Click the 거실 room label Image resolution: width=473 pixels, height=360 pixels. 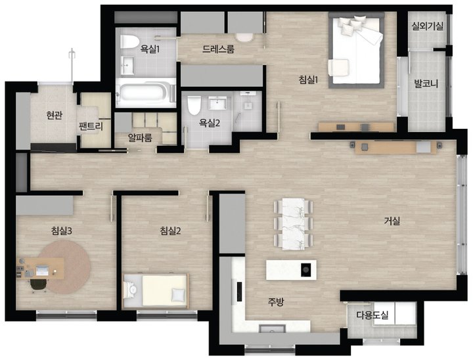point(392,221)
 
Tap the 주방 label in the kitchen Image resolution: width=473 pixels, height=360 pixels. point(276,302)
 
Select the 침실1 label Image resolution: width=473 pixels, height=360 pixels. point(309,79)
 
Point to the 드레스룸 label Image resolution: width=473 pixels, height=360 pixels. point(218,49)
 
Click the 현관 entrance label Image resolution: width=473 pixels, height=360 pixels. point(55,115)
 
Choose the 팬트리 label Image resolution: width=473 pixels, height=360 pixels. point(91,125)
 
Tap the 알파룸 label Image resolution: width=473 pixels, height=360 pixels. point(140,138)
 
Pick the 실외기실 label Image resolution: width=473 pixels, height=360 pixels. point(428,26)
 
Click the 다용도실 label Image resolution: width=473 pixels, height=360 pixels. point(372,315)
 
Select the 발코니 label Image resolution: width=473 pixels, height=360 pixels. point(426,83)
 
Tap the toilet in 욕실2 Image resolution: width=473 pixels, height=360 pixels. point(194,105)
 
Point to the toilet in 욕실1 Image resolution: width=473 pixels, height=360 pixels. point(129,41)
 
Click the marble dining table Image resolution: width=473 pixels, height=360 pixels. point(293,223)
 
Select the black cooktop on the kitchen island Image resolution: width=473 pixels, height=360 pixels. point(306,269)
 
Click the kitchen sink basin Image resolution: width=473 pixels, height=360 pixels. point(272,328)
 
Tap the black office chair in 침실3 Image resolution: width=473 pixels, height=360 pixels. point(39,285)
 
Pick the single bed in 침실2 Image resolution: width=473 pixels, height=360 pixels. point(156,290)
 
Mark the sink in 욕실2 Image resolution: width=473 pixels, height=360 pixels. point(217,104)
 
